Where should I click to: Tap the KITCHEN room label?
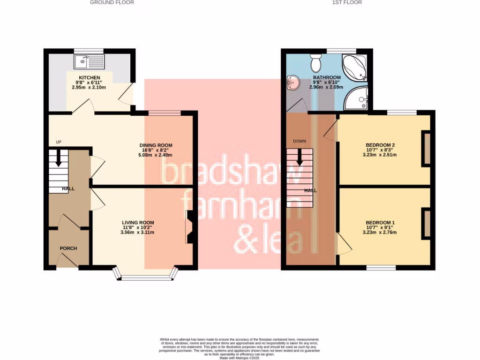point(89,77)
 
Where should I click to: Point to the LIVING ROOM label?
point(138,223)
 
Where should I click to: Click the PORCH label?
point(68,248)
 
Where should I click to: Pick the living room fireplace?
point(190,227)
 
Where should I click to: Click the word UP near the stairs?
point(59,142)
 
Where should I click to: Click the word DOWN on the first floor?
point(300,141)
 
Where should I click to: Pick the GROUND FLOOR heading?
point(112,2)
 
